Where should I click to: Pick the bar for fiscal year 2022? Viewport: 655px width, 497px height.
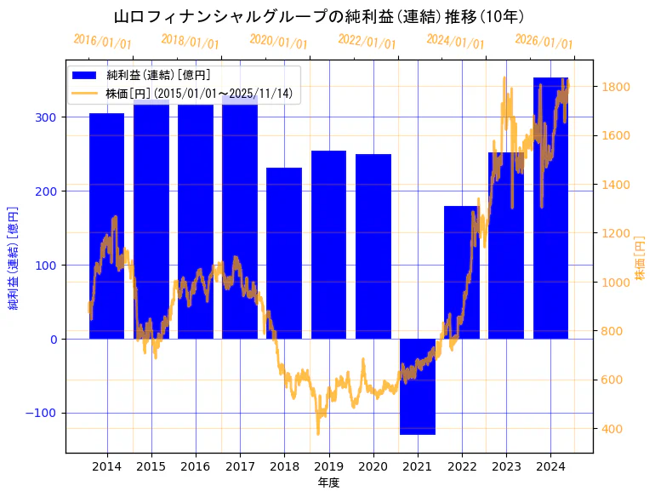[x=462, y=272]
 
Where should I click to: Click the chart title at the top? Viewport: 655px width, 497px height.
[x=319, y=17]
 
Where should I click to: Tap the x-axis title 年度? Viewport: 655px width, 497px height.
[x=328, y=483]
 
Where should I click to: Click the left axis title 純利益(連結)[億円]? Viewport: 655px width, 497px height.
[x=14, y=257]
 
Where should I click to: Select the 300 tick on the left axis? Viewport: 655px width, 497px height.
[x=46, y=117]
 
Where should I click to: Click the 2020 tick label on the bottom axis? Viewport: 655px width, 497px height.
[x=373, y=466]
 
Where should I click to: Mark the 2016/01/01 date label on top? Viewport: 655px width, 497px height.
[x=102, y=41]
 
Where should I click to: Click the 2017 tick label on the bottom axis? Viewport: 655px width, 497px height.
[x=240, y=466]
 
